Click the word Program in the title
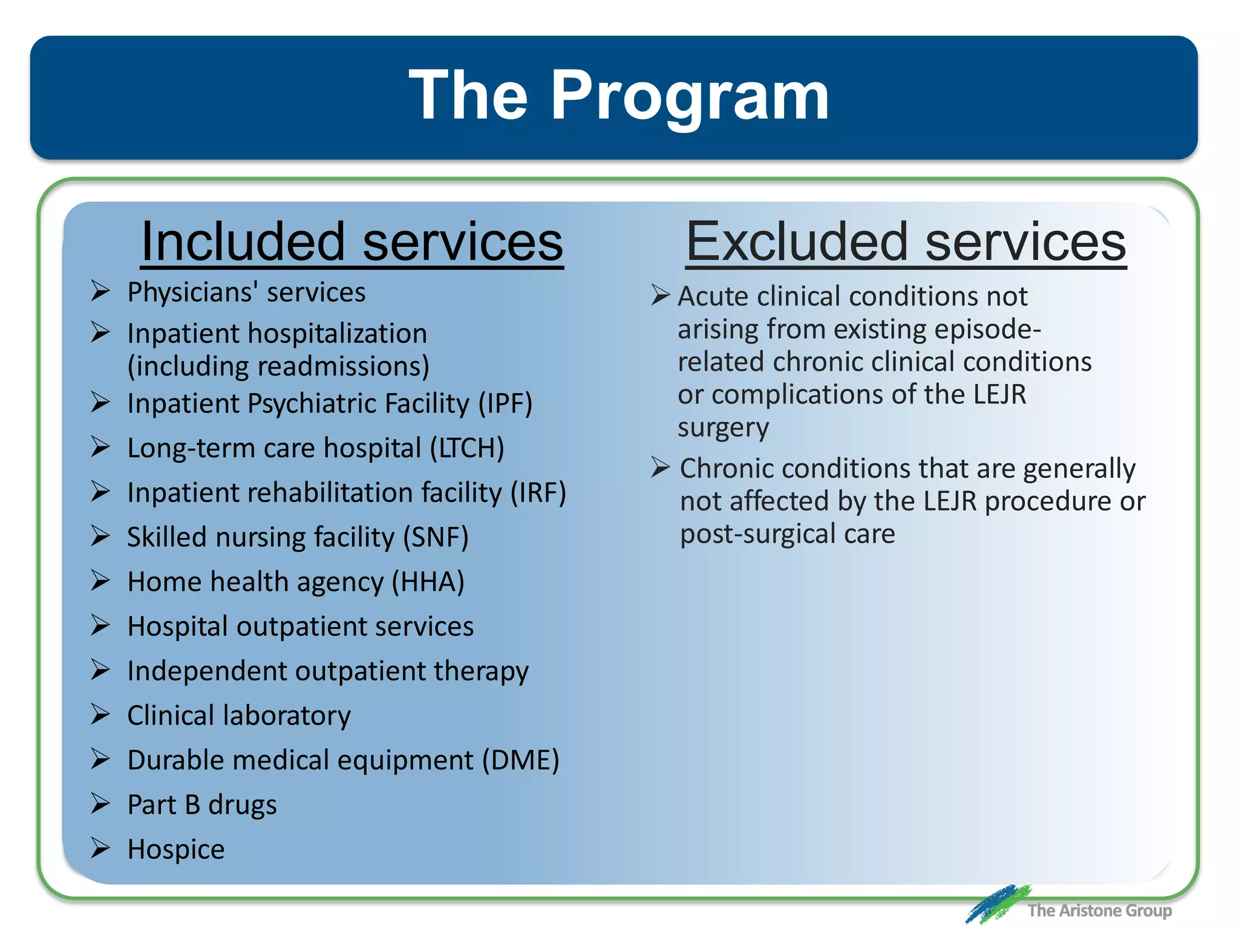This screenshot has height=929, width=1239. pos(689,96)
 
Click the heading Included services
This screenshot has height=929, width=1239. pos(351,242)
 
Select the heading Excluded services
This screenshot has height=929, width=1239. pos(906,242)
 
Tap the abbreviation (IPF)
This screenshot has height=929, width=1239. pos(505,403)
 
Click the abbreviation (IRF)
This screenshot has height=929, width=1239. pos(538,492)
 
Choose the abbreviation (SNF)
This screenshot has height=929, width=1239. pos(436,537)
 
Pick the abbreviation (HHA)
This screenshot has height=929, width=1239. pos(428,582)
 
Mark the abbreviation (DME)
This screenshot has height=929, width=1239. pos(520,760)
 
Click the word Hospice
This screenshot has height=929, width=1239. pos(176,849)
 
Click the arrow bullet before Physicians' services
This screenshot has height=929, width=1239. pos(100,291)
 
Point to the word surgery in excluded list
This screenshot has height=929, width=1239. pos(723,428)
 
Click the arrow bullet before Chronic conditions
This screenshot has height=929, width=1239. pos(661,468)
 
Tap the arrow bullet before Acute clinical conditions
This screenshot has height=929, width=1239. pos(661,295)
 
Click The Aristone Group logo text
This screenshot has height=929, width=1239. pos(1099,910)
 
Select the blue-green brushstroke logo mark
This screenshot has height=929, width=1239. pos(998,904)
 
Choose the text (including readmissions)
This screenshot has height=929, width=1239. pos(278,367)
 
